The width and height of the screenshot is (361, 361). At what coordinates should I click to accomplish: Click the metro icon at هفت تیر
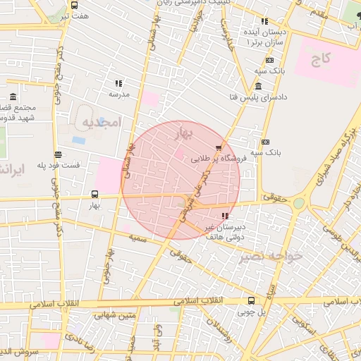(75, 5)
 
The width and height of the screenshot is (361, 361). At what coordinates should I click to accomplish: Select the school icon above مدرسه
(118, 83)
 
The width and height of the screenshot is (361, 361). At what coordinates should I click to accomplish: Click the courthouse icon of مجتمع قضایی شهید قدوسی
(13, 97)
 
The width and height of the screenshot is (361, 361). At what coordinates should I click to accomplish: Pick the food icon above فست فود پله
(57, 154)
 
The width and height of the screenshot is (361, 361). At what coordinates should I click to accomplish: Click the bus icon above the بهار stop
(95, 194)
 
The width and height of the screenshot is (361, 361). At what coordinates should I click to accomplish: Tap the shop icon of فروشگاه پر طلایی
(219, 148)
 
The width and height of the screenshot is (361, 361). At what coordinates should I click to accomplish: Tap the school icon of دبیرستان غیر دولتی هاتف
(224, 216)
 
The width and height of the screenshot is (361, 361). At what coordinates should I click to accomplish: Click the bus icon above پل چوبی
(251, 300)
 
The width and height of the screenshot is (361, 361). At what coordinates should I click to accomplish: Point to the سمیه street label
(137, 239)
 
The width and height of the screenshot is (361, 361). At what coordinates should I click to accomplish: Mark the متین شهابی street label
(117, 315)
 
